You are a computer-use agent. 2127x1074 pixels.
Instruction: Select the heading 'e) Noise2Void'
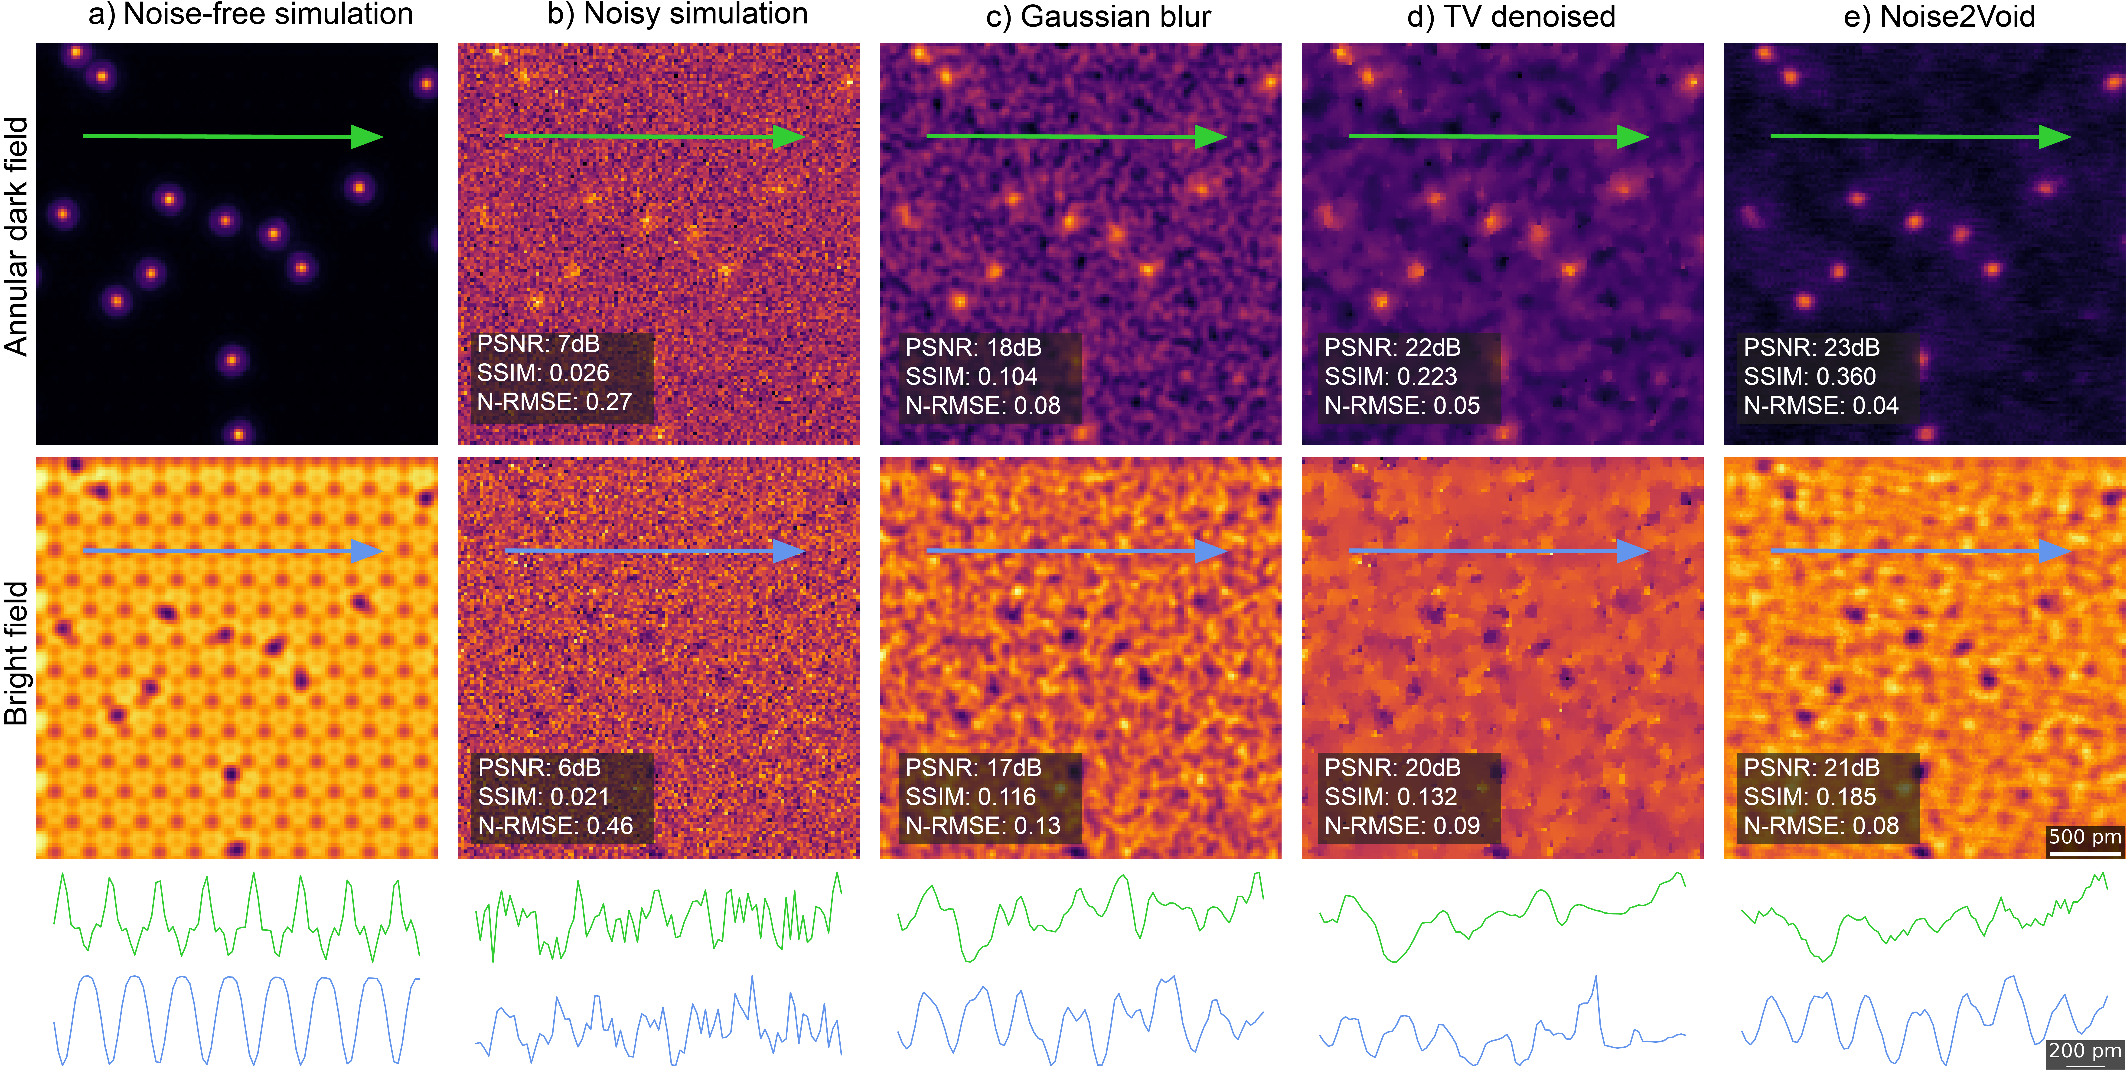tap(1940, 16)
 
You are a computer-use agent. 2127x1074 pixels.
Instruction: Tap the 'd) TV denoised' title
tap(1511, 16)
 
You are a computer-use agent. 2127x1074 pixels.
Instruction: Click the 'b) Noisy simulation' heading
tap(677, 15)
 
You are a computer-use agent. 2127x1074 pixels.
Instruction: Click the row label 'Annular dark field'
tap(16, 237)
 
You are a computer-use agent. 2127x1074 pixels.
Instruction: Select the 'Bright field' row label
tap(16, 654)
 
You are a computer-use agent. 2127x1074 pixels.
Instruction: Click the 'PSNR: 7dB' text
tap(538, 344)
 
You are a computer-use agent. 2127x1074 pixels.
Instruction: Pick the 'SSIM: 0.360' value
tap(1810, 376)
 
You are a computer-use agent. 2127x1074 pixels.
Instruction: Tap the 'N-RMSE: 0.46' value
tap(555, 826)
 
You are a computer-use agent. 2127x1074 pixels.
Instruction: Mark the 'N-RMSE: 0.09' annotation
tap(1402, 826)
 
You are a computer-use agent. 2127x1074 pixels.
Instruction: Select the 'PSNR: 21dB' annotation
tap(1812, 768)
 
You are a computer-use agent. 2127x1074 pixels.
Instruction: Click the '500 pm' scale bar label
tap(2085, 836)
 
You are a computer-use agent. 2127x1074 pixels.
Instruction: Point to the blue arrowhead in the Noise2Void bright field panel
tap(2054, 551)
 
